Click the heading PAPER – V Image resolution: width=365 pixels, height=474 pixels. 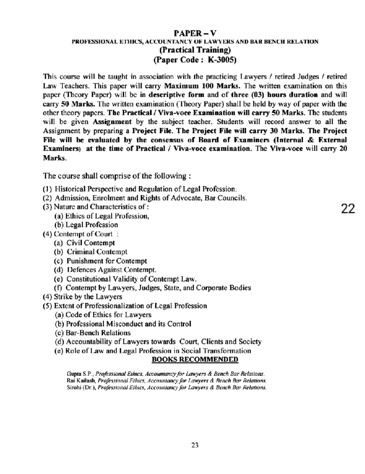point(195,33)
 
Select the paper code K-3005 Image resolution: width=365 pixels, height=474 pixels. point(222,60)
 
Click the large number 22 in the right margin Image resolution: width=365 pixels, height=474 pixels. point(348,209)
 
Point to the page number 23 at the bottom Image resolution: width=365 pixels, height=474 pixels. point(195,445)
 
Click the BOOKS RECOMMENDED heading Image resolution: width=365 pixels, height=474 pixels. point(195,360)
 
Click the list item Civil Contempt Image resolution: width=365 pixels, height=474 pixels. point(91,243)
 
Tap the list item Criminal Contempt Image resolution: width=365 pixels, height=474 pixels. point(97,252)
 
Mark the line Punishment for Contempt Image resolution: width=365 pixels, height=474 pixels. point(106,261)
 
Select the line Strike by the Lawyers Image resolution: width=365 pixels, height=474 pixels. point(88,297)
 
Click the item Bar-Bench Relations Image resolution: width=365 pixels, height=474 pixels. point(98,333)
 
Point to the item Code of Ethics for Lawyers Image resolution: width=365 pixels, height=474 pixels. point(108,315)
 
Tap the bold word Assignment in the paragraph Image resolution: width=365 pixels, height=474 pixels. point(112,122)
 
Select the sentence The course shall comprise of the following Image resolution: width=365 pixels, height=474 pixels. point(117,176)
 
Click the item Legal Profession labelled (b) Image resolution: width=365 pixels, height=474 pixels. point(92,225)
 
